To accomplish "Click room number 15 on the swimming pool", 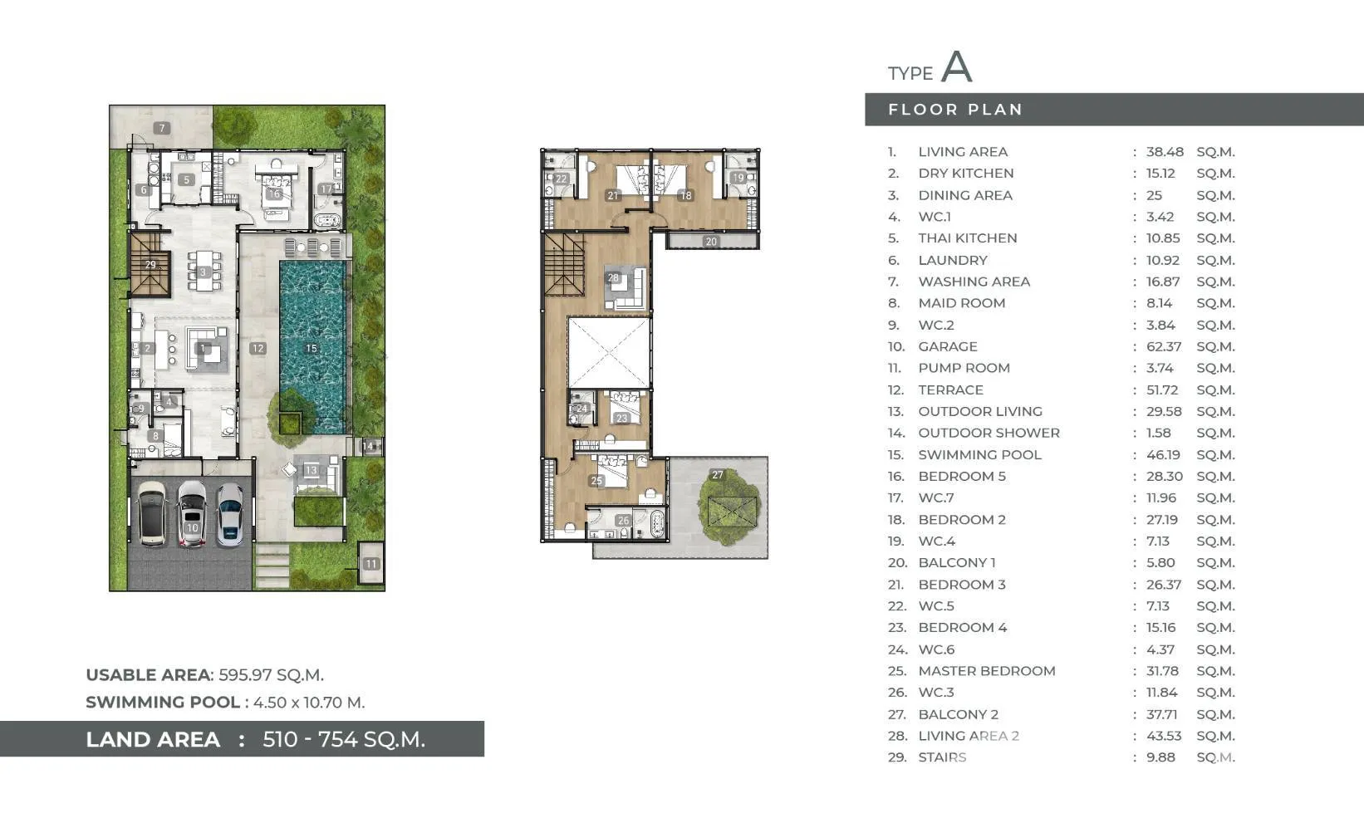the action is coord(312,348).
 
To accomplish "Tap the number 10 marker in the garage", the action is coord(193,528).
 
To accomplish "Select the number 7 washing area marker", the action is coord(161,128).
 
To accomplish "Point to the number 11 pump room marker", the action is coord(371,564).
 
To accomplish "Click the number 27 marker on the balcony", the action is coord(718,474).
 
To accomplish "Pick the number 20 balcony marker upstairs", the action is coord(711,242).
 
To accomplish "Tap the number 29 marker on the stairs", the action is coord(150,265).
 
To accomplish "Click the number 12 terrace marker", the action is coord(258,348).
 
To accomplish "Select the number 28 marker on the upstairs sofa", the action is coord(613,277).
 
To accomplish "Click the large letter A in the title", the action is coord(957,66).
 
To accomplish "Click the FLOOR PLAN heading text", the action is coord(954,110).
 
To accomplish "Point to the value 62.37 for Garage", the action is coord(1164,346).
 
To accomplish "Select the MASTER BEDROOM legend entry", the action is coord(987,671).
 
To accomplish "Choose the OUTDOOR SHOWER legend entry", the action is coord(989,433).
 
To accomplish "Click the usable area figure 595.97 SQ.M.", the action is coord(271,675).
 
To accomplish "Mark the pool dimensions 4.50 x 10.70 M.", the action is coord(309,703).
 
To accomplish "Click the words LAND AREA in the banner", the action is coord(153,739).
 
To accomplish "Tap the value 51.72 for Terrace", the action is coord(1162,390).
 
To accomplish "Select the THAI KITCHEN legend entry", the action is coord(968,238).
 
